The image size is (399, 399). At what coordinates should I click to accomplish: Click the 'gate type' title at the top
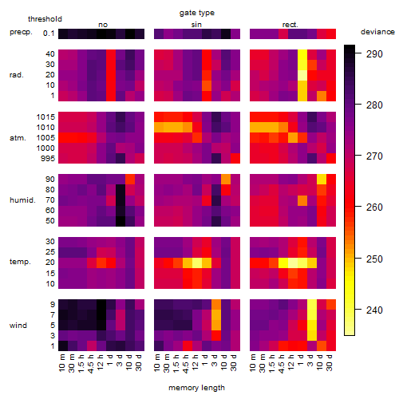tap(197, 13)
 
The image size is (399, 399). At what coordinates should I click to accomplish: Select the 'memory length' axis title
tap(196, 388)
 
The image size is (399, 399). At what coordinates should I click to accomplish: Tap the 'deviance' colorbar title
tap(377, 32)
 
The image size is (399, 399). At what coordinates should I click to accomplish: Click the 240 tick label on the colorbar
tap(374, 310)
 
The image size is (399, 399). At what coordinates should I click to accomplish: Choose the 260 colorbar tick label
tap(374, 207)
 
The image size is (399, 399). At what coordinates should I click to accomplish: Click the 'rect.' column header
tap(290, 25)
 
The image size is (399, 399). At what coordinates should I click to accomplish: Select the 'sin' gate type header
tap(196, 25)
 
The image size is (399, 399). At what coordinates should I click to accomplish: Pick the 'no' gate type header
tap(103, 25)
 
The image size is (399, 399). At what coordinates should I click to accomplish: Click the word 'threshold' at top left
tap(45, 19)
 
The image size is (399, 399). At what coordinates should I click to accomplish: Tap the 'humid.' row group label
tap(22, 200)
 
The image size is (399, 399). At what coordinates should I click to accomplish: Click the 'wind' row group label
tap(18, 326)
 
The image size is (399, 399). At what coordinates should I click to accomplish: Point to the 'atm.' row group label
tap(18, 138)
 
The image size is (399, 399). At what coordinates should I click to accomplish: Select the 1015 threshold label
tap(45, 117)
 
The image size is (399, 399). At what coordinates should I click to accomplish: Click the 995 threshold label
tap(48, 159)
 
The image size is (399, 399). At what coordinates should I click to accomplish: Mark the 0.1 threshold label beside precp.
tap(49, 34)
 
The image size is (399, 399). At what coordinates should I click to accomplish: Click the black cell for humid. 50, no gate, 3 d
tap(120, 221)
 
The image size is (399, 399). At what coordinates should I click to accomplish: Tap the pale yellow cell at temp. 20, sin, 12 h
tap(197, 263)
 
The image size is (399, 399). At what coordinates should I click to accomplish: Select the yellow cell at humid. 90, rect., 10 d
tap(322, 180)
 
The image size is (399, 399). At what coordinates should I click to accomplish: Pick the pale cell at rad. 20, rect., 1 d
tap(302, 75)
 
